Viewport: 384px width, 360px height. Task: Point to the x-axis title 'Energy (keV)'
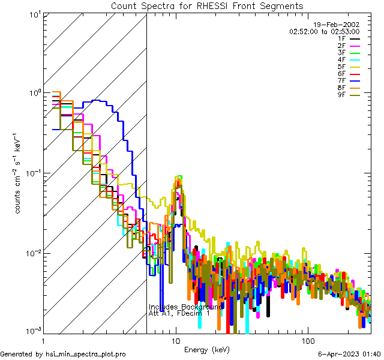pos(207,349)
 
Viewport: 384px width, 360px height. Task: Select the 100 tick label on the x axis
pos(307,340)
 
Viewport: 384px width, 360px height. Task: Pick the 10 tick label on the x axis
pos(175,340)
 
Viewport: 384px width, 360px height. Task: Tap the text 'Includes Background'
pos(186,307)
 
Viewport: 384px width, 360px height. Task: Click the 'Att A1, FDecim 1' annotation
pos(179,313)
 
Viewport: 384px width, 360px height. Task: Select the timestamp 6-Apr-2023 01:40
pos(348,355)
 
